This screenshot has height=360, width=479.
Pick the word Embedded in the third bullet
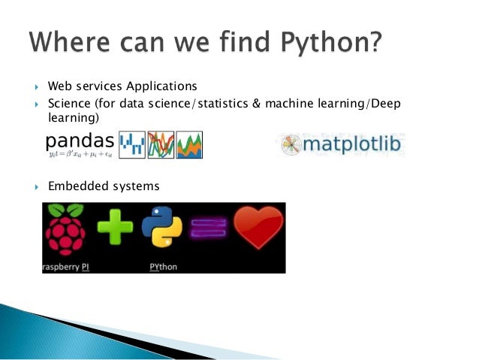pyautogui.click(x=75, y=186)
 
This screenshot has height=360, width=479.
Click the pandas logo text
pyautogui.click(x=80, y=140)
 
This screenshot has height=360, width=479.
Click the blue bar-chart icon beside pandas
pyautogui.click(x=132, y=144)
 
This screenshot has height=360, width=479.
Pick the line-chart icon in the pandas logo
pyautogui.click(x=161, y=144)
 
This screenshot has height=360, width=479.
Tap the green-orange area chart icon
pyautogui.click(x=189, y=144)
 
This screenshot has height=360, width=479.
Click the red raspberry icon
pyautogui.click(x=65, y=232)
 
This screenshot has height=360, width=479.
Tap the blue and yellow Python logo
pyautogui.click(x=167, y=228)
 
